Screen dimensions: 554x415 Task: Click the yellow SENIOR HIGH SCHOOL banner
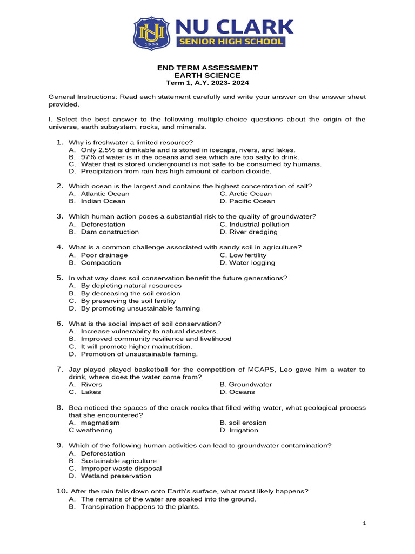click(230, 42)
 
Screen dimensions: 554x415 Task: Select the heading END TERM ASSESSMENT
click(207, 68)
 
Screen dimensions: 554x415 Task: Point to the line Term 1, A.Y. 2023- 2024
click(207, 83)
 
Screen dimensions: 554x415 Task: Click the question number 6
click(60, 324)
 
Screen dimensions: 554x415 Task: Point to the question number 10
click(62, 491)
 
